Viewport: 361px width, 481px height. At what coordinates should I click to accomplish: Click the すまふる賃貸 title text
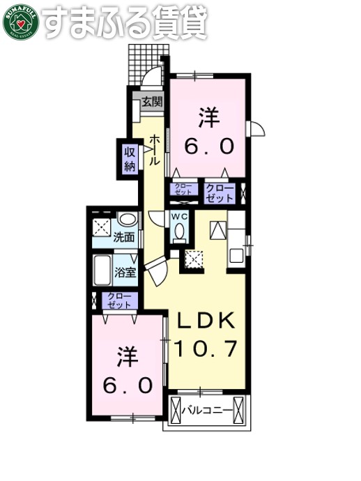(125, 22)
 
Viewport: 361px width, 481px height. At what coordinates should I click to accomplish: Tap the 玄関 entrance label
(153, 101)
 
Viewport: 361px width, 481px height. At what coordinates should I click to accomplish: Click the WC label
(180, 217)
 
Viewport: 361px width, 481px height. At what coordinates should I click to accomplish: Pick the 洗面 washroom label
(125, 237)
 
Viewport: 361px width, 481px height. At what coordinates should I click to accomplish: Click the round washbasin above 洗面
(125, 219)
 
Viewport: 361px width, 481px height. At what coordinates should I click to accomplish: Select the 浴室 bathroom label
(125, 272)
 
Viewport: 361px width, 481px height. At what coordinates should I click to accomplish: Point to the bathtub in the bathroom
(102, 271)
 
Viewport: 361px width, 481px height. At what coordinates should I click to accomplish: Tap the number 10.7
(207, 346)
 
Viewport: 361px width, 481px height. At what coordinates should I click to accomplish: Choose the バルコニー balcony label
(207, 411)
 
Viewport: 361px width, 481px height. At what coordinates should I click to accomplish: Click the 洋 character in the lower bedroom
(125, 358)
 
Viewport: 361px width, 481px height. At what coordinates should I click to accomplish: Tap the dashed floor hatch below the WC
(193, 260)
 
